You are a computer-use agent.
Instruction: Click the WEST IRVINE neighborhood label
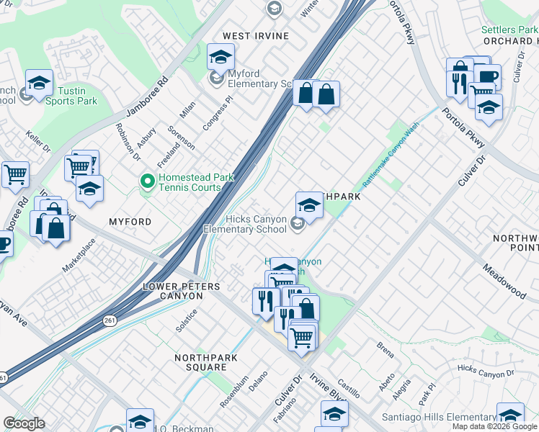click(x=255, y=36)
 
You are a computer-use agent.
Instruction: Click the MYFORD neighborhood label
click(x=130, y=222)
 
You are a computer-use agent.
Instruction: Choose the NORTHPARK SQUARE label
click(x=201, y=362)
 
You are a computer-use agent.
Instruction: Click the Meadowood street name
click(x=504, y=280)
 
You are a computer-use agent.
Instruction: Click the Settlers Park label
click(x=509, y=30)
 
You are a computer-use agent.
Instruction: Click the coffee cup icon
click(x=487, y=76)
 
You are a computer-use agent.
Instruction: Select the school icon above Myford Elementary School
click(x=220, y=56)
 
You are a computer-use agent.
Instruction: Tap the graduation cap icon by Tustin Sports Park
click(x=39, y=82)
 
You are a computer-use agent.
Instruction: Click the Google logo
click(x=24, y=423)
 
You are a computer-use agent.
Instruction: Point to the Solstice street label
click(x=187, y=320)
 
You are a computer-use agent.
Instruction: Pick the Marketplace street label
click(x=79, y=256)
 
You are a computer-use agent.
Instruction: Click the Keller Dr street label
click(x=37, y=141)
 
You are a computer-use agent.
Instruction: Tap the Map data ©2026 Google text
click(x=494, y=426)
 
